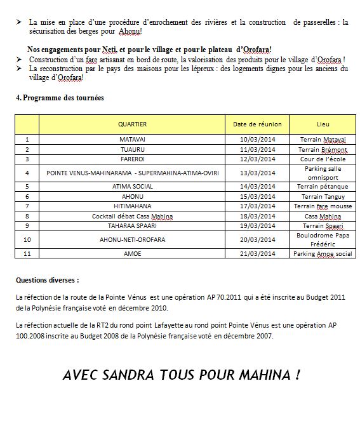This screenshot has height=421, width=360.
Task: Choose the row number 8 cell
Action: pos(27,216)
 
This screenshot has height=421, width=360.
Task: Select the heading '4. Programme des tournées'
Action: pos(59,98)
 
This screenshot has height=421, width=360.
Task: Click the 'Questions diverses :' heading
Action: pos(48,279)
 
